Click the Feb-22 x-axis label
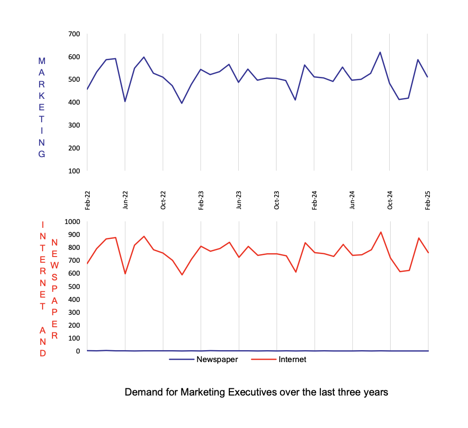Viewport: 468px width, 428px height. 87,200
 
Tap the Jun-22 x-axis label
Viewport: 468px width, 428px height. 125,200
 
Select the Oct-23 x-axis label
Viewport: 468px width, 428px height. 277,200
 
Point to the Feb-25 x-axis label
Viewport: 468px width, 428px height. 428,200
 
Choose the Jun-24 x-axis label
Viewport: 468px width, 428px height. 352,200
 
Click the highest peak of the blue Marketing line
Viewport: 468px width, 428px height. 380,52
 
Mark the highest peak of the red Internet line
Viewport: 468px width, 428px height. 381,232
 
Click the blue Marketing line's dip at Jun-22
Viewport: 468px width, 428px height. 125,101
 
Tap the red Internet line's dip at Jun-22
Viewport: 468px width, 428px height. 125,274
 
